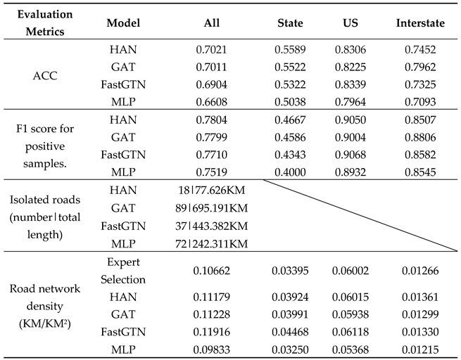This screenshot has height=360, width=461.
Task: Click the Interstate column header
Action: click(x=420, y=23)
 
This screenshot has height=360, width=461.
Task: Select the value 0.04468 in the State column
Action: click(x=289, y=330)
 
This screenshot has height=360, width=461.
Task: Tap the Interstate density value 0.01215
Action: click(x=420, y=347)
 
